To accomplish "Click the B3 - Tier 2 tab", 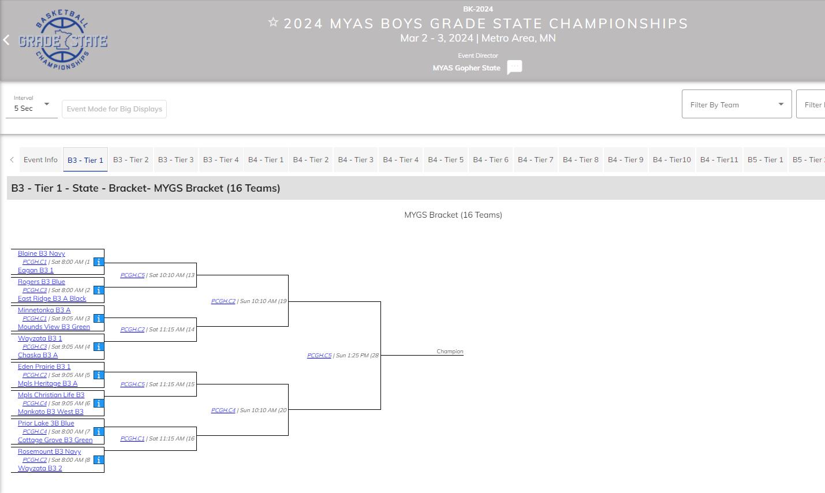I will pos(130,160).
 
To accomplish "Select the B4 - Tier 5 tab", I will pos(446,160).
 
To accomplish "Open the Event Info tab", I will pos(40,160).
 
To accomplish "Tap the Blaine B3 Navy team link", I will pos(41,253).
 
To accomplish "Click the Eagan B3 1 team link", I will pos(35,270).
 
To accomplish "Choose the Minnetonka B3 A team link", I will pos(44,310).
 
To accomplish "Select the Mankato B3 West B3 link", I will pos(50,412).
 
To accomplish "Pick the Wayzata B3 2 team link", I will pos(40,468).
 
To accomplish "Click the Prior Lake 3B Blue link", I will pos(46,423).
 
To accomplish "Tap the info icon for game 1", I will pos(99,262).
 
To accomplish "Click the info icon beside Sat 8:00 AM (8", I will pos(99,460).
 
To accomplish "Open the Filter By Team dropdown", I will pos(736,104).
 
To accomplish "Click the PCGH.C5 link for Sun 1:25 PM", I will pos(319,356).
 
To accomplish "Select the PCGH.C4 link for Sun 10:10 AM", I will pos(223,410).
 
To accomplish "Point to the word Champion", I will pos(450,352).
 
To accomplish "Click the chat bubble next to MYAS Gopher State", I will pos(514,68).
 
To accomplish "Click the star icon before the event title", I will pos(273,23).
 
